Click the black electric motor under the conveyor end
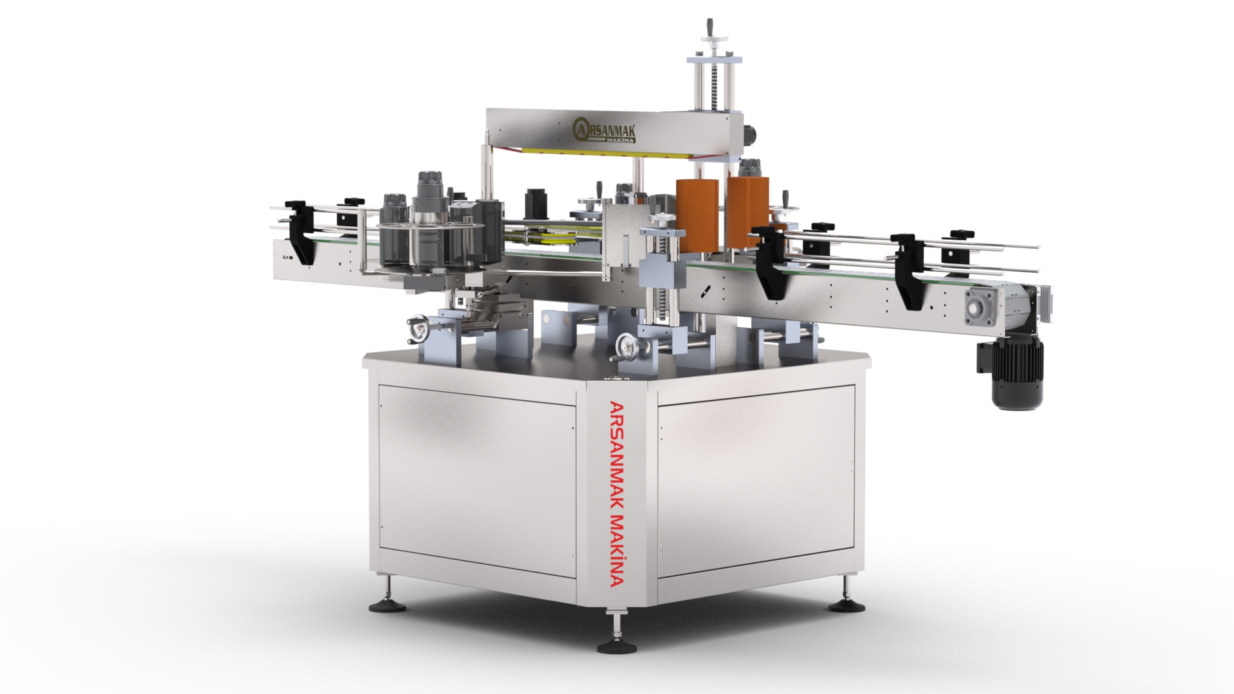(1016, 375)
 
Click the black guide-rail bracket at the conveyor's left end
(300, 235)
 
